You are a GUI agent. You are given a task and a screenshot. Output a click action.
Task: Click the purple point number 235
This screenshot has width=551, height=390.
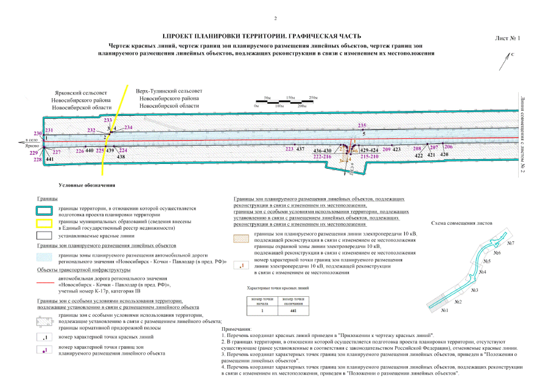pos(362,126)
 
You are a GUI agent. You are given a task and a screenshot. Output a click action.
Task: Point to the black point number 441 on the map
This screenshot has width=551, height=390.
pos(50,159)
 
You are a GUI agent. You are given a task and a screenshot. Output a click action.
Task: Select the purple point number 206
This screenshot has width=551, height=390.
pos(448,147)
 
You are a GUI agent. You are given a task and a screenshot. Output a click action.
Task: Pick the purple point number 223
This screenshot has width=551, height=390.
pos(289,149)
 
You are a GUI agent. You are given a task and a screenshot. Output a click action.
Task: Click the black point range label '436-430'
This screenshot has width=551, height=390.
pos(322,151)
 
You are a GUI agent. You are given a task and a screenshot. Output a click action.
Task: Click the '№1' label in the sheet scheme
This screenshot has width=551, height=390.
pos(444,311)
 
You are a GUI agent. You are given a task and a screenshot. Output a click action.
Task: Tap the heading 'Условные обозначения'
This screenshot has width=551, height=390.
pos(86,185)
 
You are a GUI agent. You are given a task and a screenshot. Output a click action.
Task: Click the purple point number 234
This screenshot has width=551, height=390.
pos(128,127)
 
